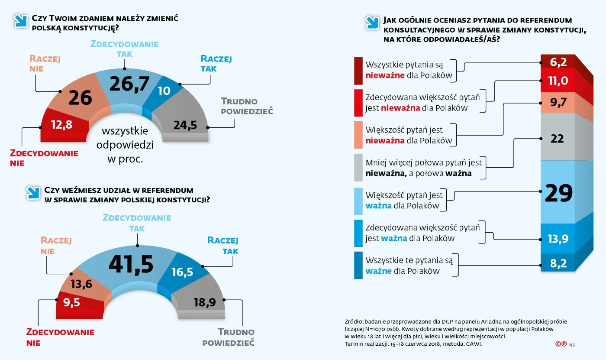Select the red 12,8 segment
click(x=61, y=125)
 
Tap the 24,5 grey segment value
click(x=185, y=125)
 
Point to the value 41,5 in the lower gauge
click(x=131, y=264)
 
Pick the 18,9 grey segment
click(x=204, y=302)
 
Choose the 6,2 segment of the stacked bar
click(x=558, y=62)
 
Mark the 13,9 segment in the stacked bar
click(x=558, y=239)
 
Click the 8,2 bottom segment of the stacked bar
click(x=558, y=263)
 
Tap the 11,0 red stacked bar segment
click(x=558, y=81)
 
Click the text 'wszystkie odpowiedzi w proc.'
click(x=125, y=145)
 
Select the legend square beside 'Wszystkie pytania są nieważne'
click(x=358, y=71)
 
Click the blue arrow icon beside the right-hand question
click(x=371, y=23)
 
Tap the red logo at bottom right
click(x=561, y=344)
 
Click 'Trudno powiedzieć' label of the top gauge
click(x=246, y=106)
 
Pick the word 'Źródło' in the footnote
click(x=353, y=321)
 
